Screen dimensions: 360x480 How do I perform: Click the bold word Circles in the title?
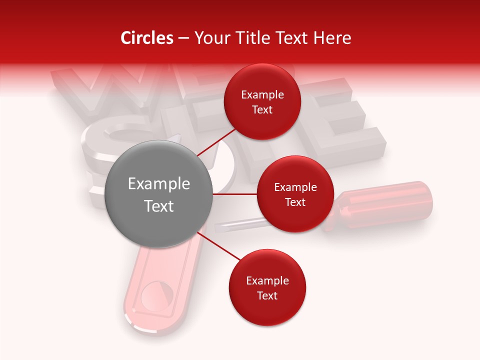[x=146, y=38]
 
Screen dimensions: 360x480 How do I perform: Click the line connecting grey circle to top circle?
[x=218, y=140]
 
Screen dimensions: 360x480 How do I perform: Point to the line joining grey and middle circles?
[x=235, y=194]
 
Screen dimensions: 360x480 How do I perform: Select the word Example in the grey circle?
[x=159, y=184]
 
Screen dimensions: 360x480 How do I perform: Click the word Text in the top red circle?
[x=262, y=110]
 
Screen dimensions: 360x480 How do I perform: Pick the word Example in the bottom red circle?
[x=267, y=281]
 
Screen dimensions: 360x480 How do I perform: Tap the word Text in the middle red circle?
[x=295, y=202]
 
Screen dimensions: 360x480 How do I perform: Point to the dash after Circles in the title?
[x=183, y=38]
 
